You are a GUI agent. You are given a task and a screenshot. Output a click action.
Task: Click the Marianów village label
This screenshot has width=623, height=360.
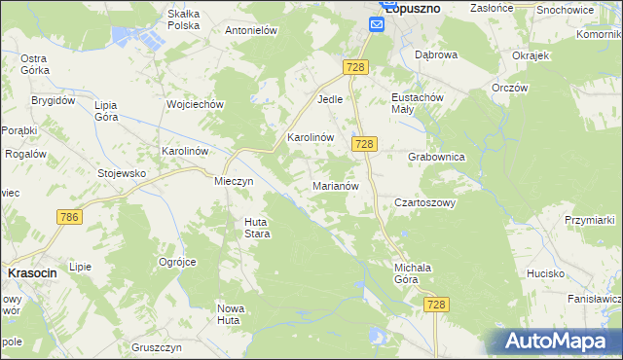coord(337,185)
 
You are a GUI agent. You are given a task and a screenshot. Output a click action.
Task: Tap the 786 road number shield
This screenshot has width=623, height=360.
coord(68,217)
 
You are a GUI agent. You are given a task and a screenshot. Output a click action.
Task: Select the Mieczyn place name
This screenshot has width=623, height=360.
coord(234,181)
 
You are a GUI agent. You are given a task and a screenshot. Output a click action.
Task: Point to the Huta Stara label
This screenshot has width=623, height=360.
coord(256,228)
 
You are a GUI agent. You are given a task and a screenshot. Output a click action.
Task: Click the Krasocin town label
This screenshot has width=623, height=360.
coord(32,273)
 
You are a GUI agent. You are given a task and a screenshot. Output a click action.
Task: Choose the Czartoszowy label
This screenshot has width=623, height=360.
coord(424,203)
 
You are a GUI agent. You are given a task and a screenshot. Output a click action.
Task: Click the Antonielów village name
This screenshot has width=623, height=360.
coord(252,30)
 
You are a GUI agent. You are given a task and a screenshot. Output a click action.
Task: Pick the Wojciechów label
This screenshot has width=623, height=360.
coord(196,104)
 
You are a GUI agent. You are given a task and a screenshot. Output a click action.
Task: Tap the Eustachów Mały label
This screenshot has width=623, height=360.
coord(417,104)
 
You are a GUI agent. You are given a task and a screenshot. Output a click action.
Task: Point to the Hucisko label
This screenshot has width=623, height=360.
coord(546,273)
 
